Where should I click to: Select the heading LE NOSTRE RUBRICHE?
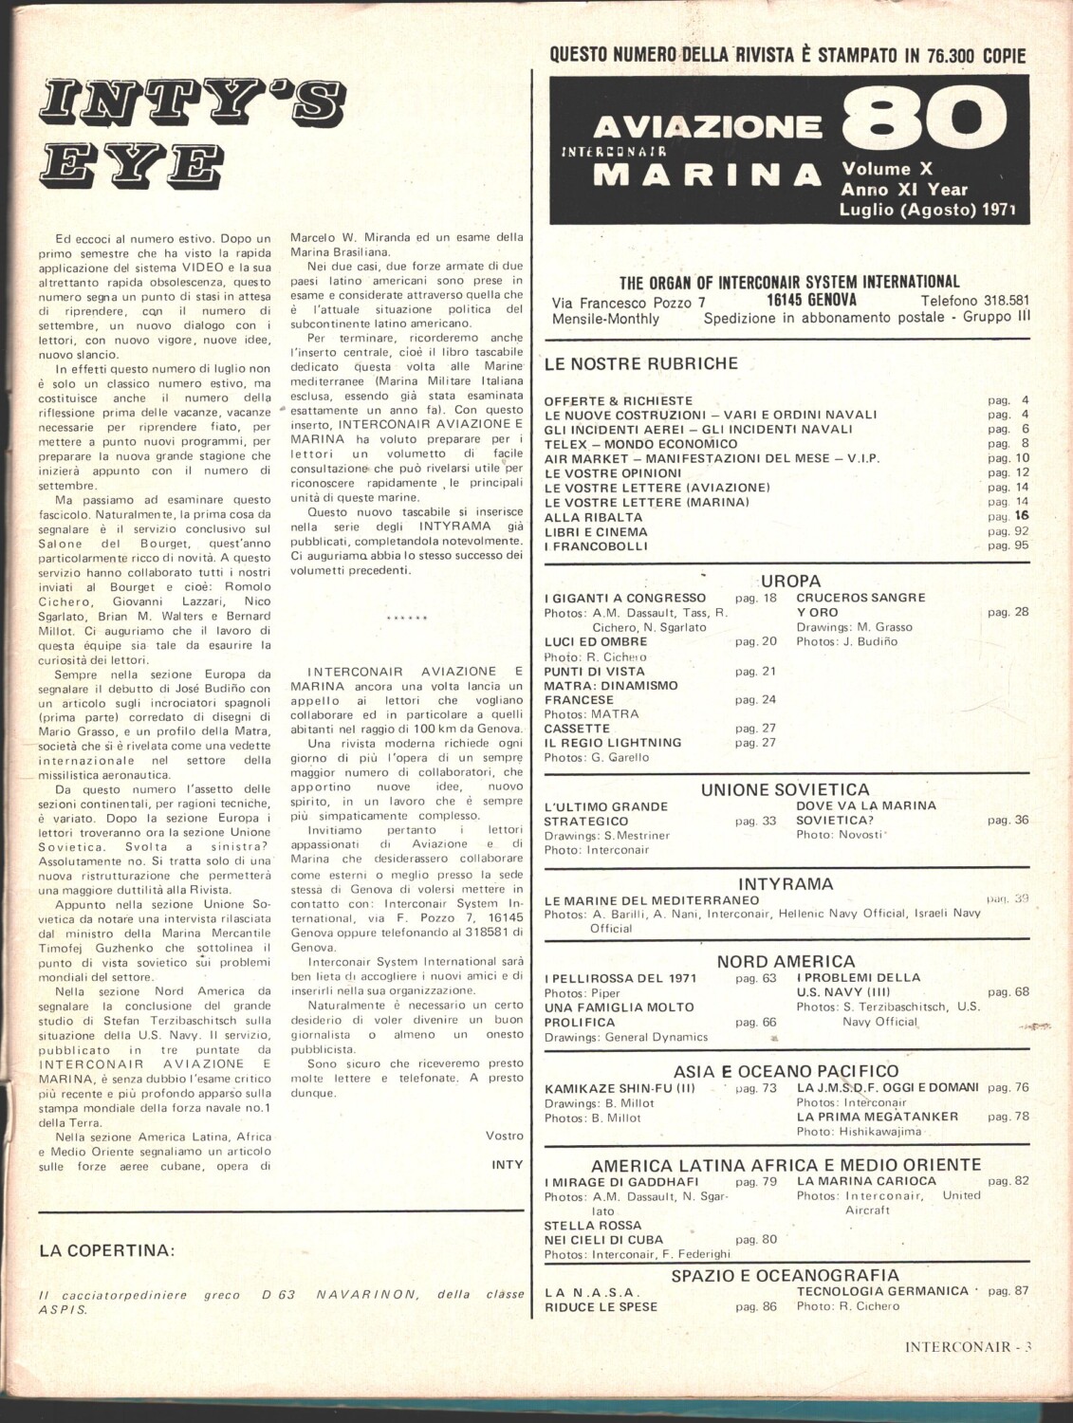click(640, 363)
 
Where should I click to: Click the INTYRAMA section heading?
click(785, 884)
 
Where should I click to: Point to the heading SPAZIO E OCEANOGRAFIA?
click(785, 1276)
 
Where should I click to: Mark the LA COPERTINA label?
click(107, 1250)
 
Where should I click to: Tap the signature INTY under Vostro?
click(508, 1164)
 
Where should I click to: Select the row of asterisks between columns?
click(409, 618)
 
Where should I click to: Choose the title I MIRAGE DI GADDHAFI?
click(621, 1181)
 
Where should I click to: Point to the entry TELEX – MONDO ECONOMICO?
click(640, 444)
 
